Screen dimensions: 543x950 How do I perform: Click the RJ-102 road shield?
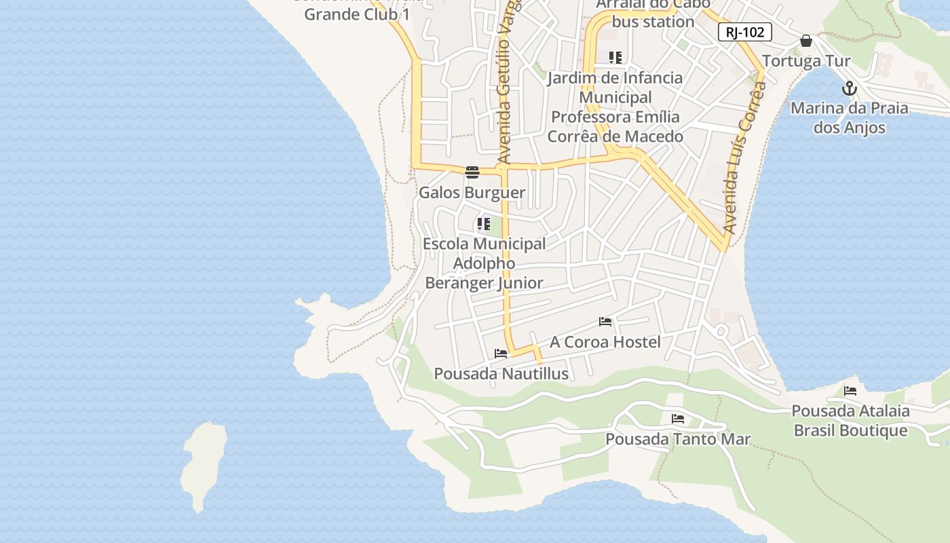pyautogui.click(x=744, y=32)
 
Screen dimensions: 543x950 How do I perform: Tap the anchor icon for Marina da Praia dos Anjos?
pyautogui.click(x=849, y=88)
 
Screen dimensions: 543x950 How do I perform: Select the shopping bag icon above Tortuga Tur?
pyautogui.click(x=806, y=41)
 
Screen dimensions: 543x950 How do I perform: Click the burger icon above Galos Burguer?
pyautogui.click(x=472, y=172)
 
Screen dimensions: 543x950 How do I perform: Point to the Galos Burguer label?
pyautogui.click(x=472, y=193)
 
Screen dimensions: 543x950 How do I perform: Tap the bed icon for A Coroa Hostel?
pyautogui.click(x=605, y=322)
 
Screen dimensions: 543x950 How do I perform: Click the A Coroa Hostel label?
pyautogui.click(x=605, y=342)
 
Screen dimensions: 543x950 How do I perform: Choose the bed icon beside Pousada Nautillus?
pyautogui.click(x=501, y=354)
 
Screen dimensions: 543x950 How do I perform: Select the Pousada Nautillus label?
pyautogui.click(x=501, y=374)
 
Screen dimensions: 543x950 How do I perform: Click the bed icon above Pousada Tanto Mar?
pyautogui.click(x=677, y=419)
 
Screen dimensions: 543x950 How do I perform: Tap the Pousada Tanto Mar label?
pyautogui.click(x=678, y=439)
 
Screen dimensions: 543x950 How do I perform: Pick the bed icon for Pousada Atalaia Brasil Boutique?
pyautogui.click(x=850, y=391)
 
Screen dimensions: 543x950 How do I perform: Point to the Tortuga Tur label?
pyautogui.click(x=806, y=61)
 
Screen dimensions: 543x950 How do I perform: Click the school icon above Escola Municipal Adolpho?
pyautogui.click(x=484, y=223)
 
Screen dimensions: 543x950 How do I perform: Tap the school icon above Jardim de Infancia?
pyautogui.click(x=615, y=58)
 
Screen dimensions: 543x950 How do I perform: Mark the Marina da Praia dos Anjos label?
pyautogui.click(x=849, y=117)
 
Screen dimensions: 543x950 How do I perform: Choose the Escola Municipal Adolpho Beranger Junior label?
pyautogui.click(x=484, y=263)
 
